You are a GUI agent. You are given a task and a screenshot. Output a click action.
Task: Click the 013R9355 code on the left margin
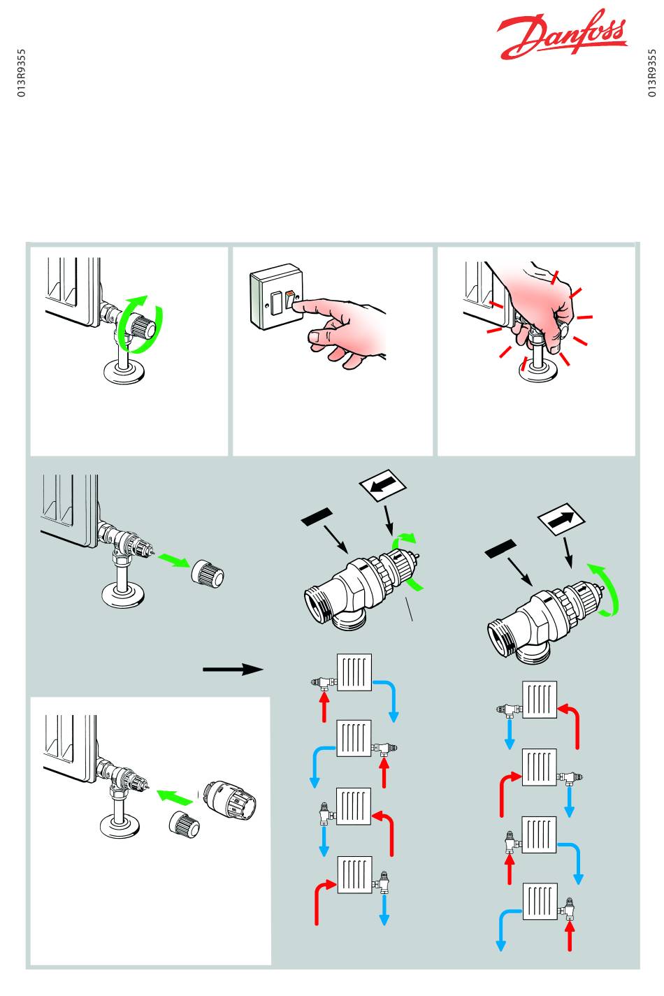pyautogui.click(x=22, y=73)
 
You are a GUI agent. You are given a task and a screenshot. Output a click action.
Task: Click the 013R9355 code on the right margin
pyautogui.click(x=651, y=73)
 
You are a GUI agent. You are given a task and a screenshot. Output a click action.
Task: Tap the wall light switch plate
pyautogui.click(x=277, y=296)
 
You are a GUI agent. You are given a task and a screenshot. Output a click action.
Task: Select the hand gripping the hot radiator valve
pyautogui.click(x=542, y=307)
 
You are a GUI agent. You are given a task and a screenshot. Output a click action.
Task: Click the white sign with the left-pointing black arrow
pyautogui.click(x=382, y=485)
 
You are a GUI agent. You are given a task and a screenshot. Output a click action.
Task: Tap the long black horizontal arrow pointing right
pyautogui.click(x=233, y=669)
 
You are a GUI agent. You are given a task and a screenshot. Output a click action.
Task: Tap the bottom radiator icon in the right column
pyautogui.click(x=540, y=901)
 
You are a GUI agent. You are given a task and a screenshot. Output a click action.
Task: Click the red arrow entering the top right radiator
pyautogui.click(x=574, y=721)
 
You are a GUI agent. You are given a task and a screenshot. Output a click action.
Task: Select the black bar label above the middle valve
pyautogui.click(x=317, y=517)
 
